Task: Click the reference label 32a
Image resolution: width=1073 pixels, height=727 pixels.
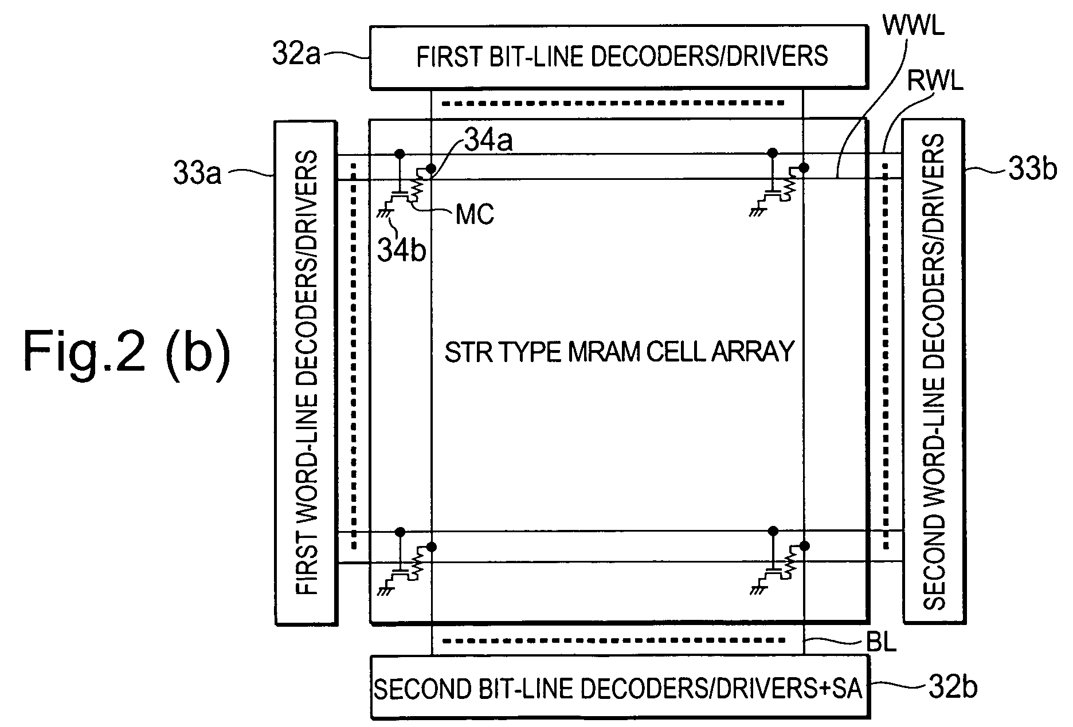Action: click(296, 56)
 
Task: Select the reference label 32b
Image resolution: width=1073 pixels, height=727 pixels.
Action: click(953, 687)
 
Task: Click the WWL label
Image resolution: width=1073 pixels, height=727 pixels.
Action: click(913, 26)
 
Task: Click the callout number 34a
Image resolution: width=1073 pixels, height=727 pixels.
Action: click(488, 142)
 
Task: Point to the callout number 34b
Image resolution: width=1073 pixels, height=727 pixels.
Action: click(402, 250)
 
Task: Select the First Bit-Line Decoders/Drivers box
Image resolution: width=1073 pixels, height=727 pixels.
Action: click(618, 57)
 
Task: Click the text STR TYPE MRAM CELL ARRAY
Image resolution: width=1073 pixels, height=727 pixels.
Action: click(620, 351)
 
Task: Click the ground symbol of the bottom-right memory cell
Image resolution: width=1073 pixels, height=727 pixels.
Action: click(758, 590)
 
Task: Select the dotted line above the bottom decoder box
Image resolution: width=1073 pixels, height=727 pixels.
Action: click(613, 640)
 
